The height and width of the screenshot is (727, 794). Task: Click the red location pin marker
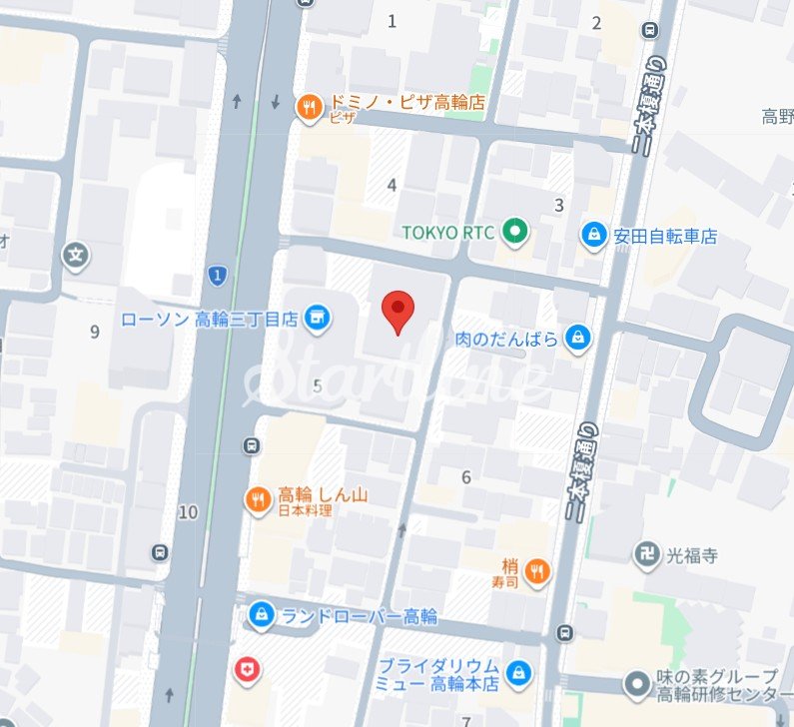pyautogui.click(x=398, y=311)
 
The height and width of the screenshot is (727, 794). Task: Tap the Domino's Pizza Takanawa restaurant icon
pyautogui.click(x=309, y=104)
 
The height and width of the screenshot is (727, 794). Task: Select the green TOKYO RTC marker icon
pyautogui.click(x=514, y=233)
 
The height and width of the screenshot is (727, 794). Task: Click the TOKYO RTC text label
pyautogui.click(x=450, y=233)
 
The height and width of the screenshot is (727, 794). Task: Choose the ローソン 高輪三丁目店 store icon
pyautogui.click(x=317, y=319)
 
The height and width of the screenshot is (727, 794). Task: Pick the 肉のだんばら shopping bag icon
pyautogui.click(x=577, y=339)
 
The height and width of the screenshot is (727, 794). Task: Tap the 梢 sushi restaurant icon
pyautogui.click(x=537, y=571)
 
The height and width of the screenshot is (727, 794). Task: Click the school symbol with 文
pyautogui.click(x=76, y=256)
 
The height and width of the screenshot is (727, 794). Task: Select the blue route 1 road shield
pyautogui.click(x=217, y=273)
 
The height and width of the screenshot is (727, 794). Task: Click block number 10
pyautogui.click(x=188, y=512)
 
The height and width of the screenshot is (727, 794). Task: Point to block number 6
pyautogui.click(x=465, y=477)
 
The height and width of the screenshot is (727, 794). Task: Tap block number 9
pyautogui.click(x=95, y=332)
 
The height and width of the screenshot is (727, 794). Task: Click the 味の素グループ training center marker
pyautogui.click(x=637, y=685)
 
